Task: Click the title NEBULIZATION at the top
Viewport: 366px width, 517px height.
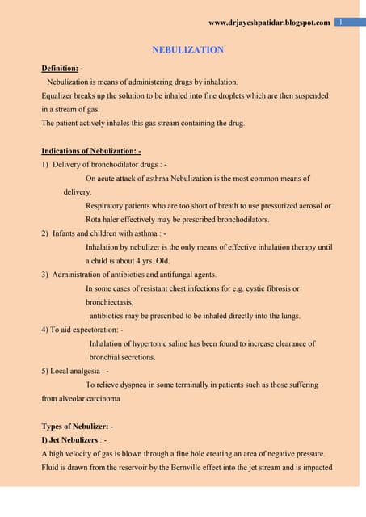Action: pyautogui.click(x=187, y=50)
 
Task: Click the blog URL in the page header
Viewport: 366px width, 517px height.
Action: pyautogui.click(x=269, y=22)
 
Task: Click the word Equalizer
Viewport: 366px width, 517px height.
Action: pyautogui.click(x=58, y=95)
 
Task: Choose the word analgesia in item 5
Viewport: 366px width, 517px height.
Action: pyautogui.click(x=82, y=371)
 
